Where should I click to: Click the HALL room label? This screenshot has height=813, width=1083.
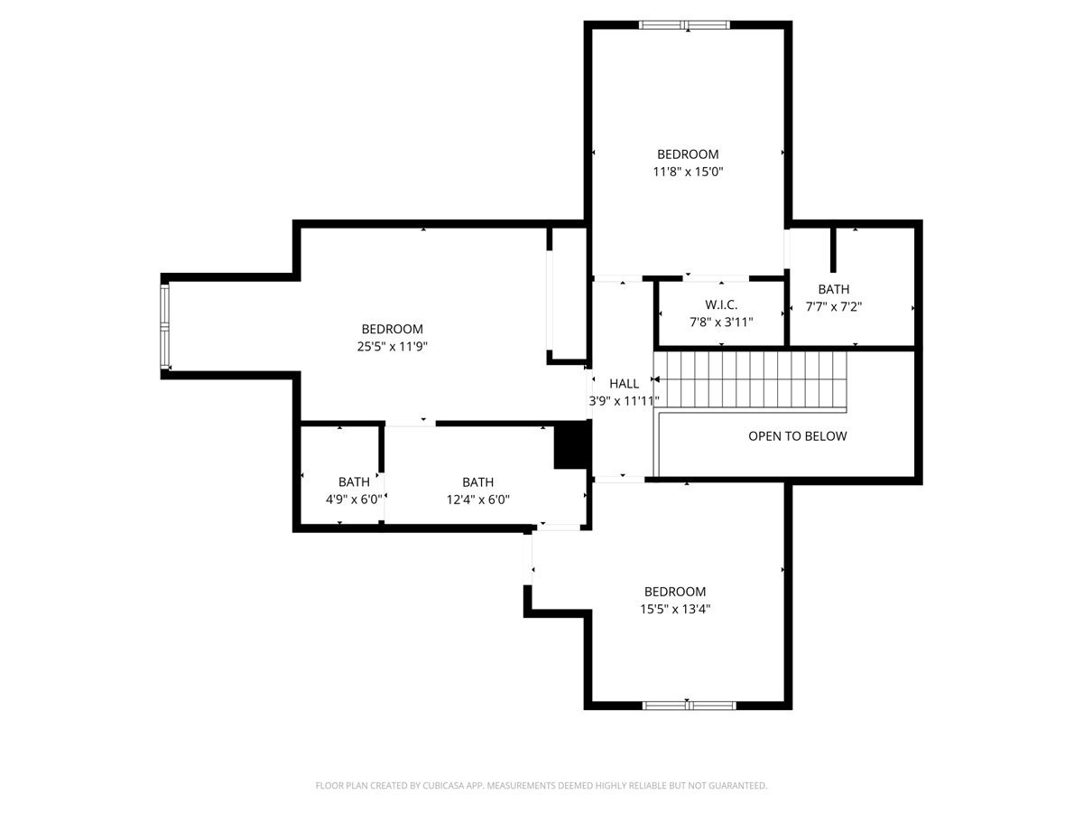click(624, 383)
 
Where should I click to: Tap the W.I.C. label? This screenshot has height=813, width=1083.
click(721, 304)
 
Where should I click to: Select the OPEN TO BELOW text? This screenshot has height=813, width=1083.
click(797, 436)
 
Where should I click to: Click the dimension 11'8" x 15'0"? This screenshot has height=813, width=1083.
click(688, 172)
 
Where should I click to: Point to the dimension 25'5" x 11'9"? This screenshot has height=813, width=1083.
click(392, 347)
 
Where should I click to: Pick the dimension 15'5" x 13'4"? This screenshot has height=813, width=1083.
click(674, 609)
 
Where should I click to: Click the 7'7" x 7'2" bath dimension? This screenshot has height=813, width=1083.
click(833, 306)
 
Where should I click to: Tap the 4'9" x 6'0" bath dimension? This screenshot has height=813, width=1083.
click(354, 499)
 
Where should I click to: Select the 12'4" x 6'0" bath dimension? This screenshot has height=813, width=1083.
click(477, 500)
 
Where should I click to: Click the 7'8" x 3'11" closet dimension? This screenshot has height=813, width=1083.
click(721, 322)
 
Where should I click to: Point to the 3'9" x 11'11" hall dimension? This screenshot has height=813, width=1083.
click(624, 401)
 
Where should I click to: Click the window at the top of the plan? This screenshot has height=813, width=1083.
click(684, 25)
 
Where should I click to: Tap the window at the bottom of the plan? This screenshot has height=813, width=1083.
click(689, 706)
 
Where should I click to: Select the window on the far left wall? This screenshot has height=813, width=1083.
click(165, 326)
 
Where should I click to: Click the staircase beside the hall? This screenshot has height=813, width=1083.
click(750, 379)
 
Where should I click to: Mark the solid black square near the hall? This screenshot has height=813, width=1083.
click(572, 444)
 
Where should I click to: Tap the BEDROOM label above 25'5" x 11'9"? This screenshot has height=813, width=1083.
click(392, 329)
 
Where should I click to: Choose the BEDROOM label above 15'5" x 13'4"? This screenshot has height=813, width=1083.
click(674, 592)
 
